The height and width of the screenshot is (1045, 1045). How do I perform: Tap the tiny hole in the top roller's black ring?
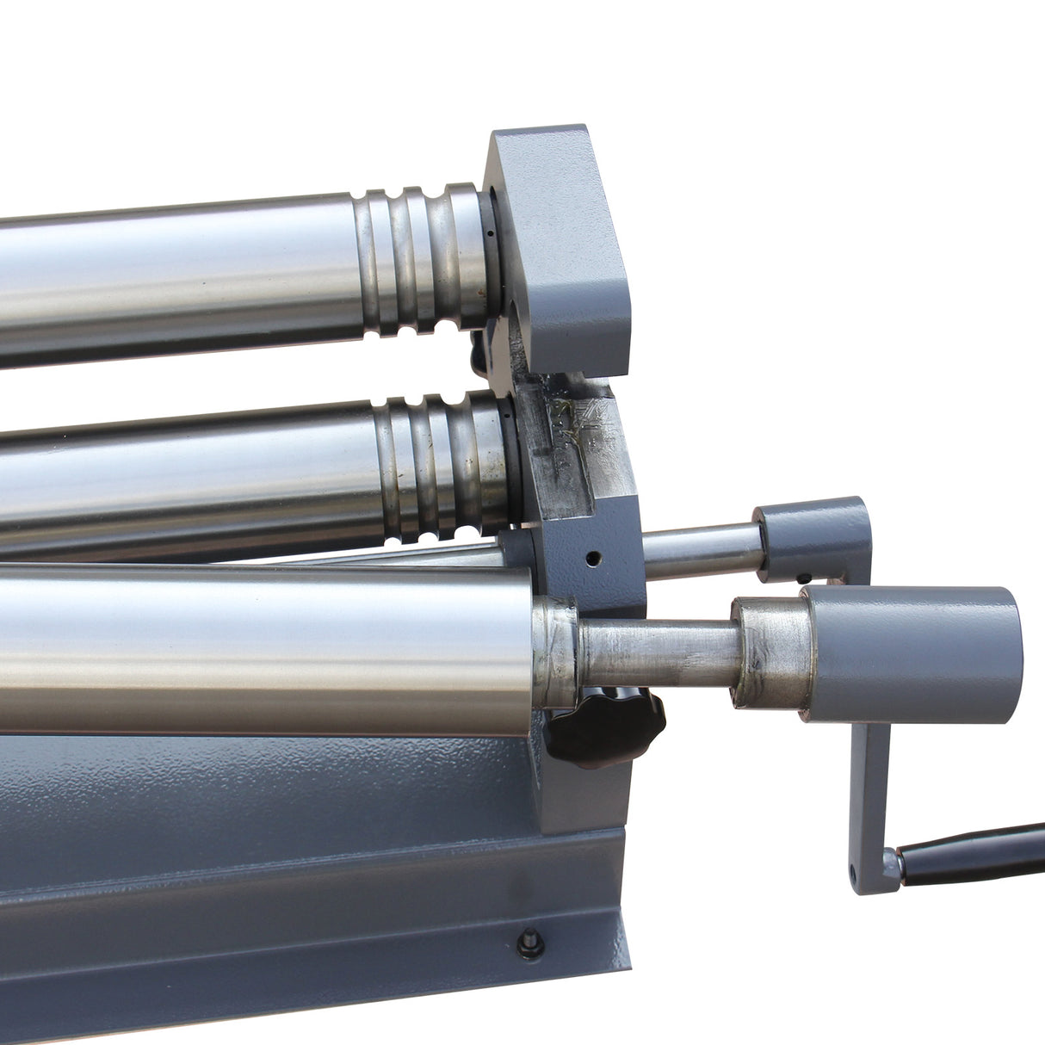click(x=488, y=232)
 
